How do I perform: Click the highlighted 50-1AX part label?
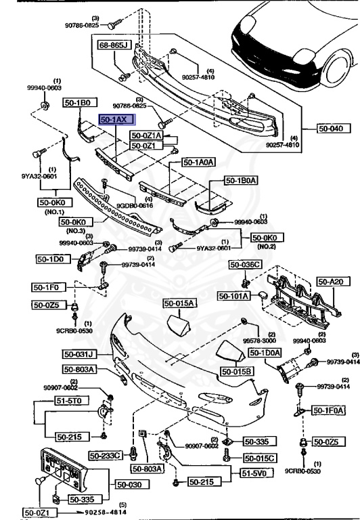click(117, 119)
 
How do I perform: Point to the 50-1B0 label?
click(76, 103)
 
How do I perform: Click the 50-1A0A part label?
click(198, 162)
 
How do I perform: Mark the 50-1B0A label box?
click(242, 181)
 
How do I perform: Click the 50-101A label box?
click(234, 296)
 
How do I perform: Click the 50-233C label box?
click(108, 456)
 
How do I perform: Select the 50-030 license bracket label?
click(133, 484)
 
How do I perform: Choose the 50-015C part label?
click(261, 458)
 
